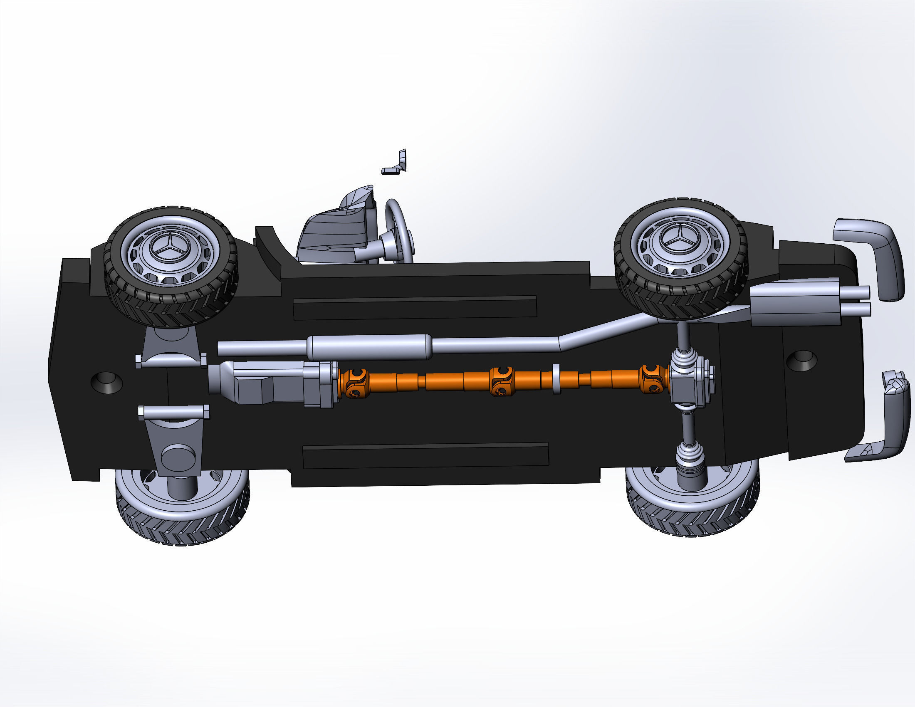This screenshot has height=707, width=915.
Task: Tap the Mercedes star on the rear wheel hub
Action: tap(679, 240)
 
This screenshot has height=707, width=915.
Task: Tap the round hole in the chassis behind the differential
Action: tap(801, 361)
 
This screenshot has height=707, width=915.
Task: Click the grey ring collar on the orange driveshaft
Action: tap(557, 378)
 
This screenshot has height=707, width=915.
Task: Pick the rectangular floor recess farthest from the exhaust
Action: tap(425, 456)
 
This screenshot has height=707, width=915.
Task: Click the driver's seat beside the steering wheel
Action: tap(335, 235)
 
